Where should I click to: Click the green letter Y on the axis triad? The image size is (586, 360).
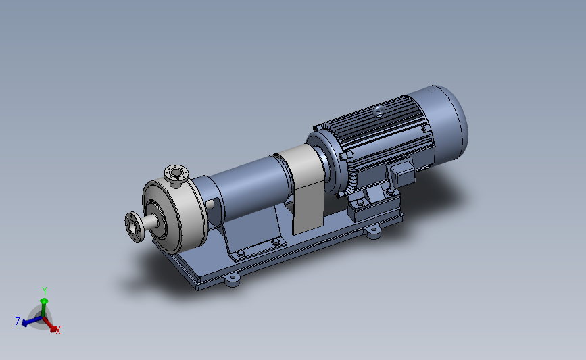pos(45,290)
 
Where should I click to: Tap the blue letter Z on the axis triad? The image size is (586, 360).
pos(18,322)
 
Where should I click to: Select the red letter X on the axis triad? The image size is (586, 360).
pos(58,330)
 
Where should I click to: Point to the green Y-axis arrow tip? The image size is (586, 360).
pos(44,301)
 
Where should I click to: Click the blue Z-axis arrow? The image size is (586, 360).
pos(31,321)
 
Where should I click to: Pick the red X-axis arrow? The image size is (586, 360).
pos(50,324)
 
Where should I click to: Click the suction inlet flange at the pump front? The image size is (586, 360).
pos(134,227)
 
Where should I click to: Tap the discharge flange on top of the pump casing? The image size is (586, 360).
pos(176,173)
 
